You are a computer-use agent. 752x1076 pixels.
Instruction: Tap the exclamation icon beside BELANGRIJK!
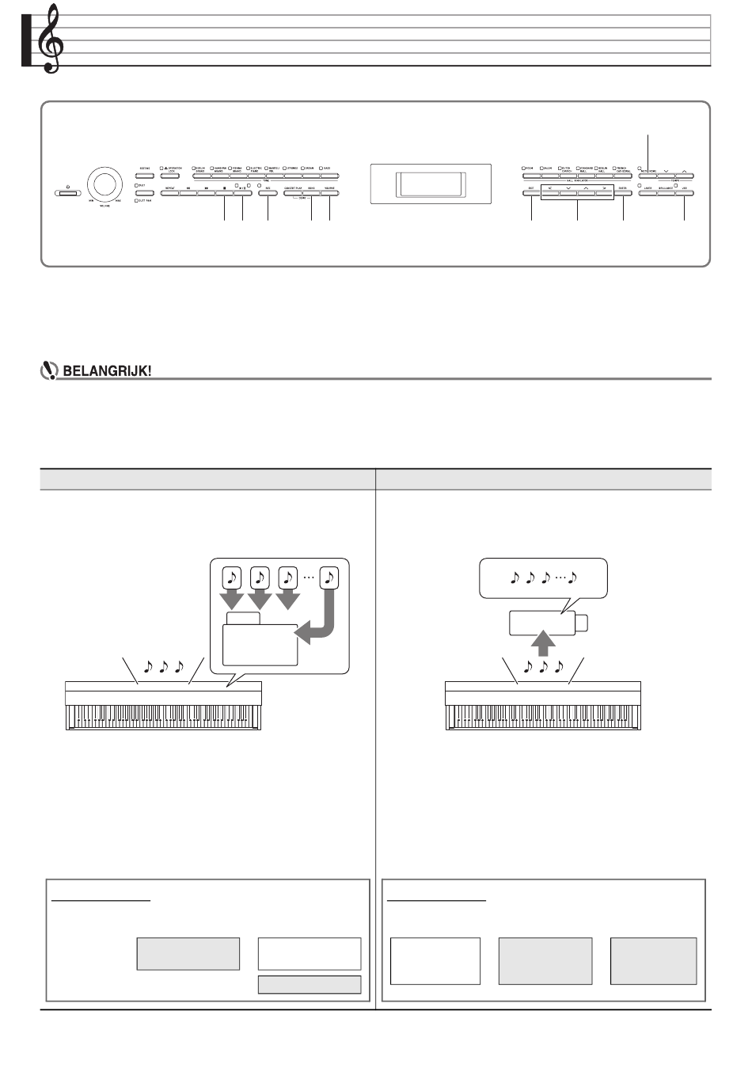tap(47, 370)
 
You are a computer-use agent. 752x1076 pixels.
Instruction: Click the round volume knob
tap(104, 185)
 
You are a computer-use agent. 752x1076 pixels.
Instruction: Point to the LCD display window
tap(430, 185)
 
